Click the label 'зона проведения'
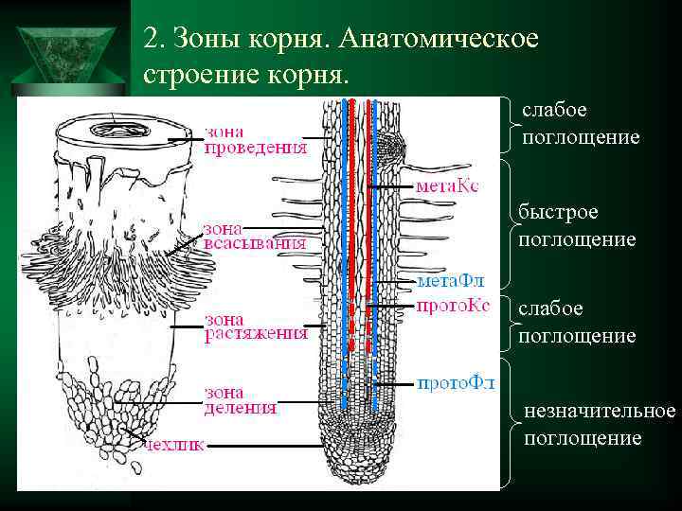pos(256,139)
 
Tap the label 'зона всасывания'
pos(254,235)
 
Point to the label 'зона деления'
pos(241,400)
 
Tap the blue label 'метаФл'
pos(451,281)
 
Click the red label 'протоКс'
pos(453,305)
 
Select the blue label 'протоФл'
pos(456,383)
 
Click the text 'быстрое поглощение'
pos(577,225)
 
